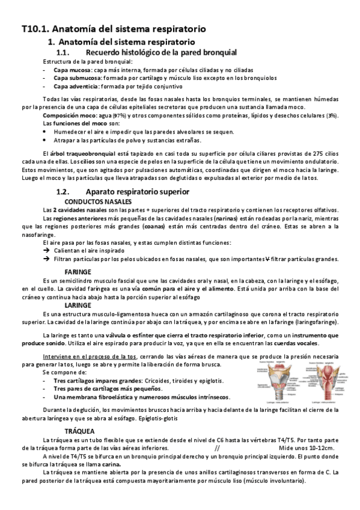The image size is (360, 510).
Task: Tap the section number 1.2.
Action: click(63, 191)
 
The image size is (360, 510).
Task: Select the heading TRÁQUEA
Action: click(80, 431)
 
